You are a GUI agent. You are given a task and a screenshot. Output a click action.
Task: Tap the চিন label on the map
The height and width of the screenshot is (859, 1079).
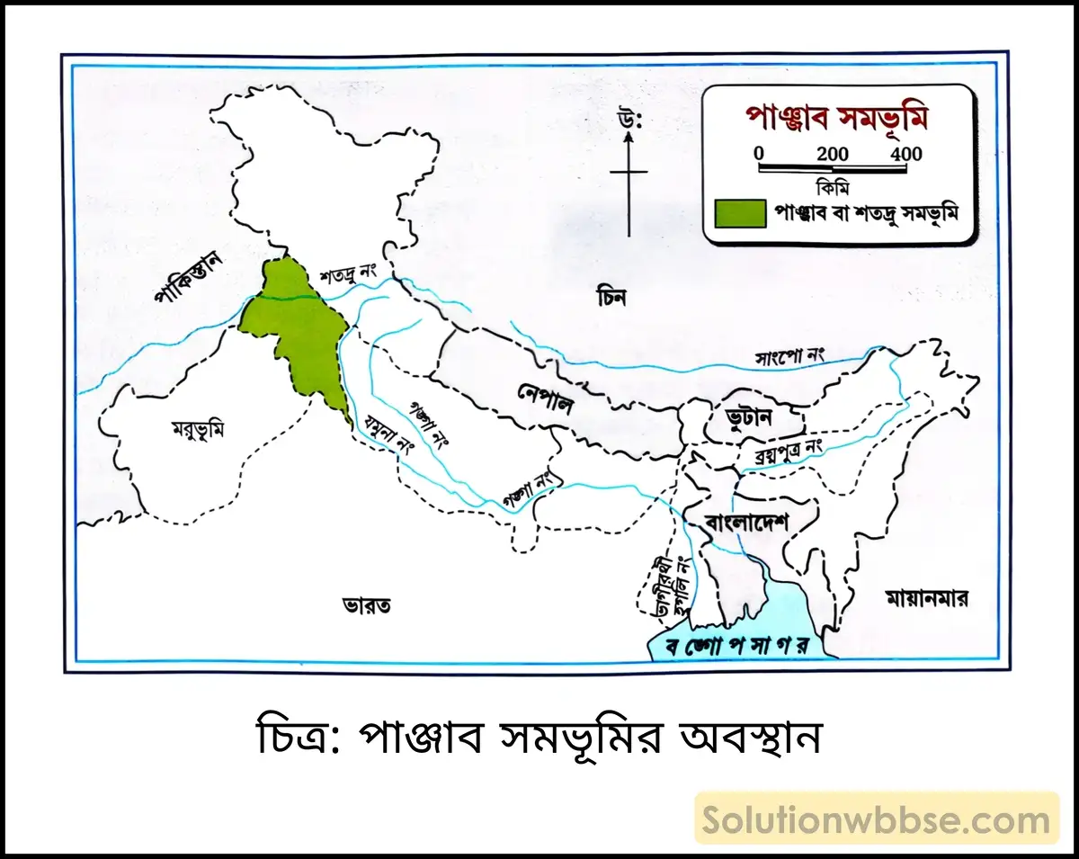pyautogui.click(x=611, y=296)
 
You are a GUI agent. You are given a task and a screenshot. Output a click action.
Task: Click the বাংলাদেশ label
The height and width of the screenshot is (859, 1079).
pyautogui.click(x=746, y=521)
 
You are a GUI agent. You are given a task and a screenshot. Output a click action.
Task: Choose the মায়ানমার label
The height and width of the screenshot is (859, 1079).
pyautogui.click(x=926, y=598)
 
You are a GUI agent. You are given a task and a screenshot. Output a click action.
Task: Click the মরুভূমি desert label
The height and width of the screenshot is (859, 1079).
pyautogui.click(x=197, y=429)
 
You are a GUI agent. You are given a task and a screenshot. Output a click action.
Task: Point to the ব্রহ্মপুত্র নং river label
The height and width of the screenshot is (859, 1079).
pyautogui.click(x=779, y=455)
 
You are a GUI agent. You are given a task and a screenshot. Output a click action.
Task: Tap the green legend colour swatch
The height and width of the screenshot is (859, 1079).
pyautogui.click(x=738, y=213)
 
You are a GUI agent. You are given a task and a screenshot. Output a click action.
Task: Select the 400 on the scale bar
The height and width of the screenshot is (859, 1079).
pyautogui.click(x=906, y=154)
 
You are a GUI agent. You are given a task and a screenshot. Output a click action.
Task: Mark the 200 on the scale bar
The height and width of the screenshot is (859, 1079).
pyautogui.click(x=833, y=154)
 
